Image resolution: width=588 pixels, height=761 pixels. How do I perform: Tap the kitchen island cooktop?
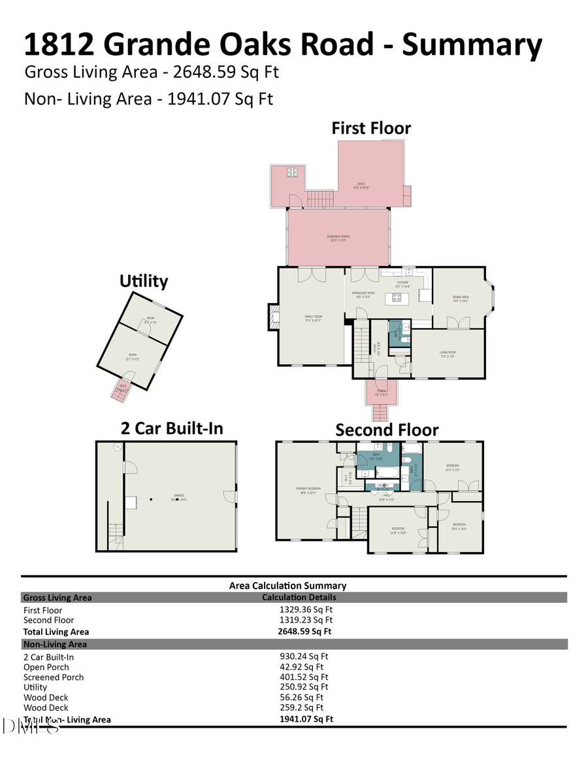(397, 299)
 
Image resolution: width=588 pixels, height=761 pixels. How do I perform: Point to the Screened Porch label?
(336, 238)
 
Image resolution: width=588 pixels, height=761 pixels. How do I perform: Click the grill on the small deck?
(292, 172)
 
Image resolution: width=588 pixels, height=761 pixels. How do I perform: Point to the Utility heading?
(144, 281)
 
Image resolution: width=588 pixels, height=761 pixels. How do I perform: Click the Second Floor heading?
(387, 429)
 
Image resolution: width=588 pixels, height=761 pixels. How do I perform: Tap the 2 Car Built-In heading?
(172, 428)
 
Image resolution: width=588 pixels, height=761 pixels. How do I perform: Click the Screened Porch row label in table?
(54, 677)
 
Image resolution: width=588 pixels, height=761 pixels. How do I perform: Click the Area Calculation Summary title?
(287, 586)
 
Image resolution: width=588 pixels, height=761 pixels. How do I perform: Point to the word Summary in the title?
(472, 44)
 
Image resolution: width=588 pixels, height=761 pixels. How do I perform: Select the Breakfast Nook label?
(363, 295)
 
